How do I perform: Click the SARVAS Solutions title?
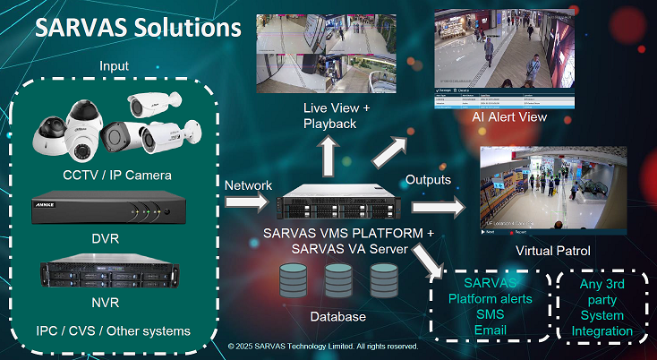[137, 26]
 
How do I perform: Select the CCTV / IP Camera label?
[117, 174]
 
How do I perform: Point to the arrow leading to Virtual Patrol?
[441, 207]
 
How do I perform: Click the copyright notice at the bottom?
[323, 345]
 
